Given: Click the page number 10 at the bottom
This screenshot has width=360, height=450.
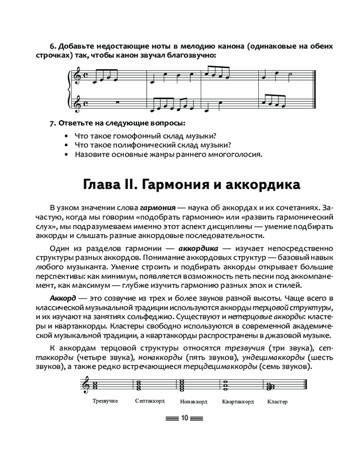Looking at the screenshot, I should click(184, 418).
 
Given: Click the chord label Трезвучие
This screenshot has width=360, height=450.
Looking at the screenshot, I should click(105, 401).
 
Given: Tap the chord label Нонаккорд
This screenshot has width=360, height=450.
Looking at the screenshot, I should click(193, 401).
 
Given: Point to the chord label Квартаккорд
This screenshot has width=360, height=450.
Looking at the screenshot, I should click(238, 401).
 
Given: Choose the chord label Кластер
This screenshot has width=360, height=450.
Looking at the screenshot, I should click(277, 401).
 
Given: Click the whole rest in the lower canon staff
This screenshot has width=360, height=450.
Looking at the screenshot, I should click(117, 102).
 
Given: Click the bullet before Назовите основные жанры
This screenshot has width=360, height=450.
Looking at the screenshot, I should click(66, 155).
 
